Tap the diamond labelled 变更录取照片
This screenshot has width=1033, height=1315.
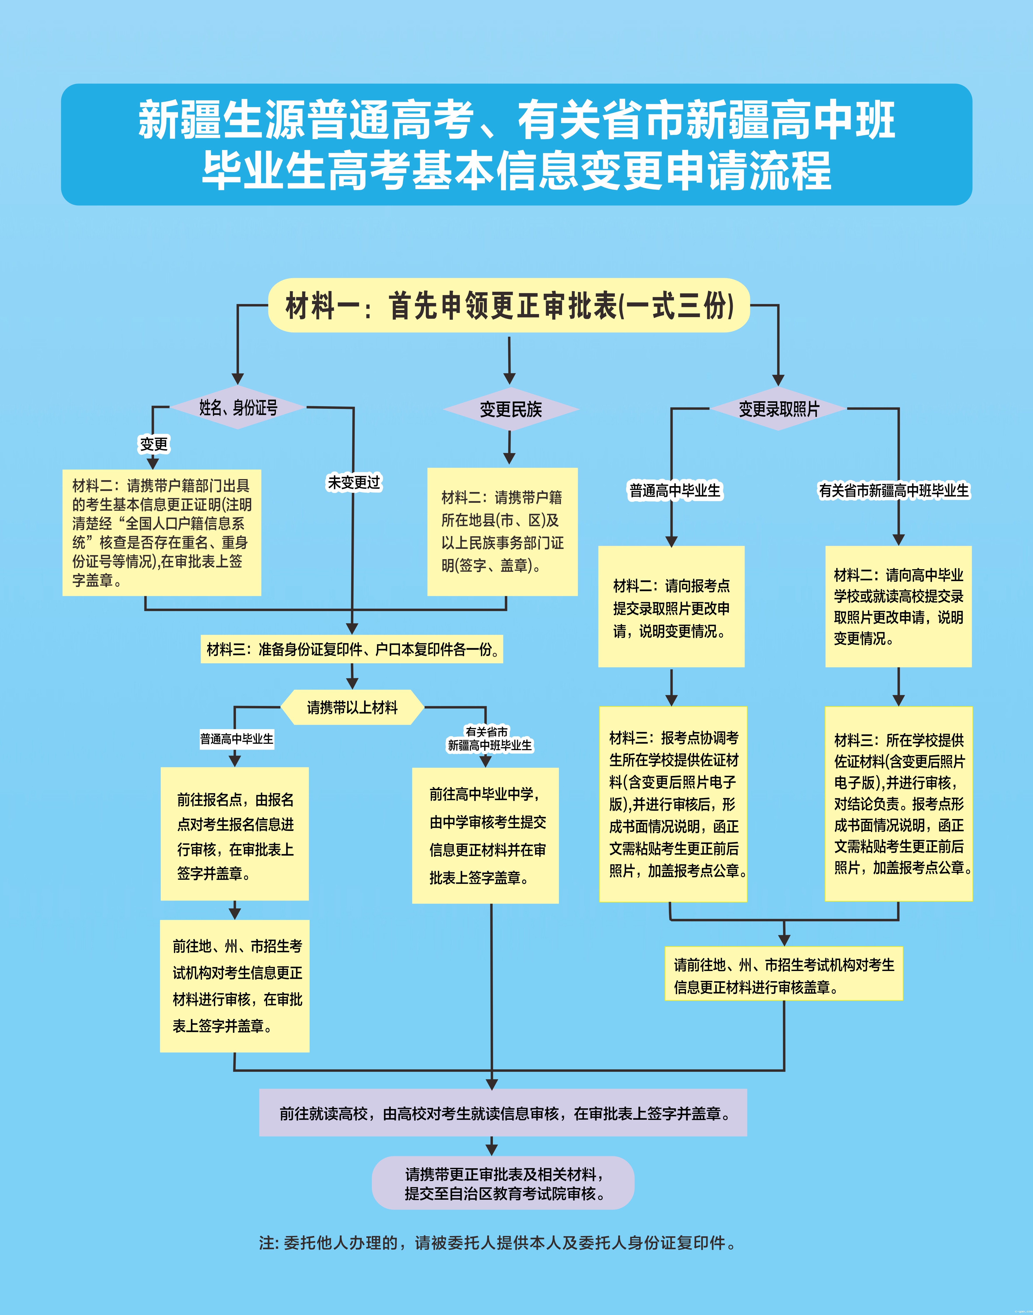tap(778, 409)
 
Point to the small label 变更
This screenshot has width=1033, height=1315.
tap(154, 444)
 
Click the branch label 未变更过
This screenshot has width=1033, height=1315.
tap(354, 482)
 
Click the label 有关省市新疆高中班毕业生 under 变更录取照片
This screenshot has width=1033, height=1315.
tap(893, 491)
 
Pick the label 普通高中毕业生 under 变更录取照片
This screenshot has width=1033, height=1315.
tap(675, 491)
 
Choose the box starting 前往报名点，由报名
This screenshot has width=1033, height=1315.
tap(235, 834)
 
